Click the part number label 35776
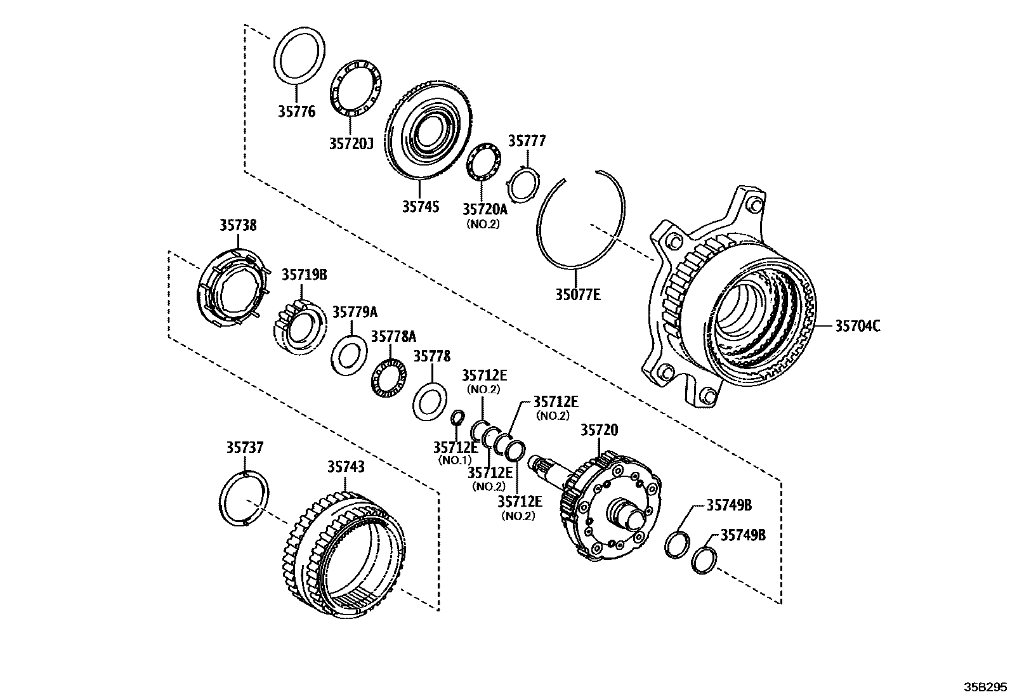pyautogui.click(x=296, y=112)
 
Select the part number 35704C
pyautogui.click(x=857, y=326)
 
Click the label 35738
pyautogui.click(x=239, y=225)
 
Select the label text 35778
pyautogui.click(x=432, y=356)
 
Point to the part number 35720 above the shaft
pyautogui.click(x=599, y=431)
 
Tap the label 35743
pyautogui.click(x=346, y=467)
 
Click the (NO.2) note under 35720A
pyautogui.click(x=483, y=224)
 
